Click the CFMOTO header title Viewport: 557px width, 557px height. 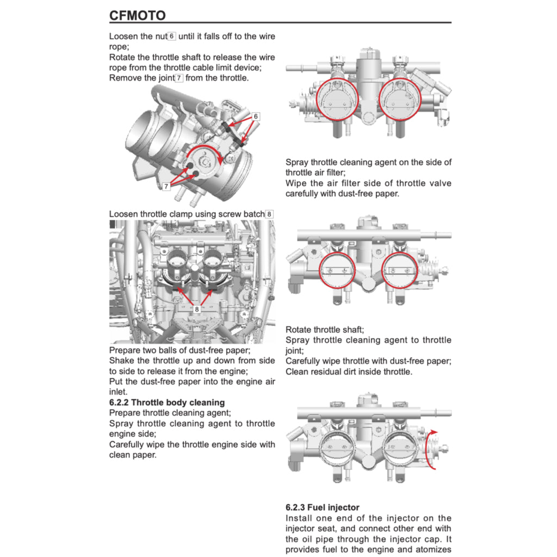pos(138,15)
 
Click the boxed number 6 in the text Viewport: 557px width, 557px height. pos(171,36)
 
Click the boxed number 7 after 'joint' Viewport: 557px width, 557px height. pos(180,78)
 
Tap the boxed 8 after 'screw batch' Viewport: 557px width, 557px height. pos(269,214)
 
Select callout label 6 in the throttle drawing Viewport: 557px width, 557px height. pos(255,116)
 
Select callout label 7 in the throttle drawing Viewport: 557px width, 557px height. pos(166,186)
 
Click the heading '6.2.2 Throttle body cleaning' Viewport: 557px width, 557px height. pos(167,403)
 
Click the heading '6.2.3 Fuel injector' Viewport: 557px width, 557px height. pos(322,508)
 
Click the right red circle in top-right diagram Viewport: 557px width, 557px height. pos(400,98)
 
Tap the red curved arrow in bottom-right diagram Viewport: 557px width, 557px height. pos(431,448)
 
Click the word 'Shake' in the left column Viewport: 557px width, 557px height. pos(122,361)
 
